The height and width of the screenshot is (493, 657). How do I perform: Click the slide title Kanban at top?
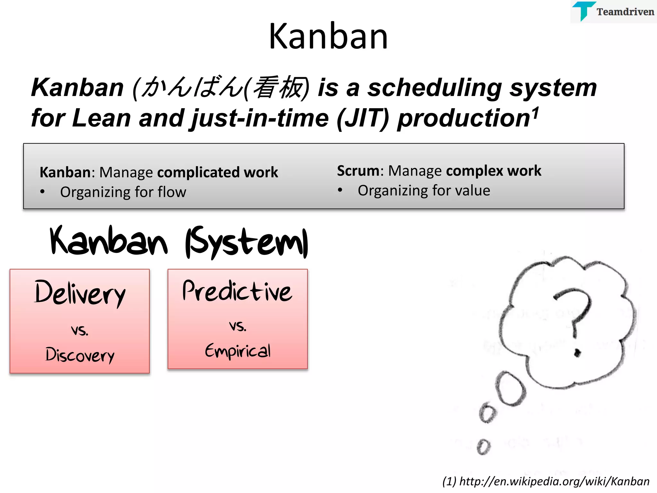328,36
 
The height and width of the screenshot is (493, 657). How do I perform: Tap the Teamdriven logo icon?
583,11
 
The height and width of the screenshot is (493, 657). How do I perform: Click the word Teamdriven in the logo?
625,12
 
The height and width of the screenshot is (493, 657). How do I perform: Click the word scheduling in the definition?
435,88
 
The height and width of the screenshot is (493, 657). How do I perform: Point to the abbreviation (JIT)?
363,118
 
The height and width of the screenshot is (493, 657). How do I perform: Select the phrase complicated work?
218,172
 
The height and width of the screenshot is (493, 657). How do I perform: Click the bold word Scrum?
358,171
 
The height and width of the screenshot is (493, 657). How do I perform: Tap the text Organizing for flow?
123,192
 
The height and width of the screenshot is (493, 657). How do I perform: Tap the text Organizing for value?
424,191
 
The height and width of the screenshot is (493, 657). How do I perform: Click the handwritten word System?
247,243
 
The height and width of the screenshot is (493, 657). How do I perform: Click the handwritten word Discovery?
80,355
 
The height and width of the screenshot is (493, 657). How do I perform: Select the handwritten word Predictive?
237,291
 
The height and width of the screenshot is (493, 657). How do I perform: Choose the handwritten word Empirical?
238,350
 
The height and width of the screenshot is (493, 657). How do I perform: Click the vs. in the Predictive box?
238,326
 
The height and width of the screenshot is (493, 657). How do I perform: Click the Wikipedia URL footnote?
546,481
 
